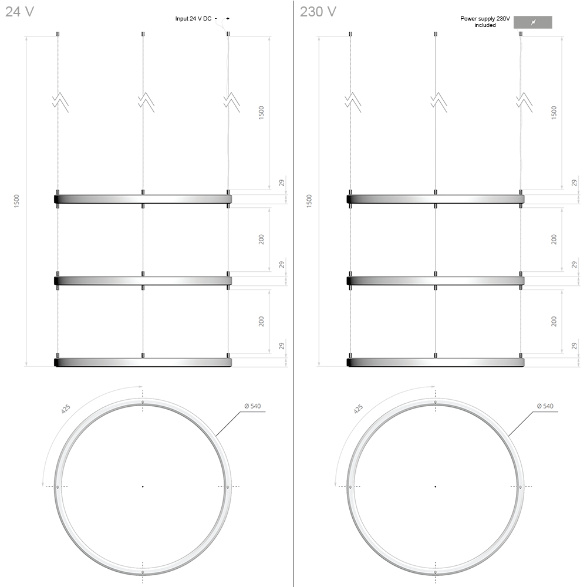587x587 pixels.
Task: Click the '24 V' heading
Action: click(19, 12)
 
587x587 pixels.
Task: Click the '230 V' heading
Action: click(318, 12)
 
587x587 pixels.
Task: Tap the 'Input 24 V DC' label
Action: click(193, 18)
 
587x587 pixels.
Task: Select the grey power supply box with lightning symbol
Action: click(533, 22)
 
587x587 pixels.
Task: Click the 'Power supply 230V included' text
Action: click(485, 22)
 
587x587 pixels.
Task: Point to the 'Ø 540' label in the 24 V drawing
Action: click(252, 406)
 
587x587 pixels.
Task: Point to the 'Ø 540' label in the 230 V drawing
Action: click(545, 406)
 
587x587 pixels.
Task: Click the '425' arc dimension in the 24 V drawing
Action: click(66, 409)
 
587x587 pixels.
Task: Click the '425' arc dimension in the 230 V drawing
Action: click(358, 409)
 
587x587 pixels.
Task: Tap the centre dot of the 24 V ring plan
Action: click(143, 487)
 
